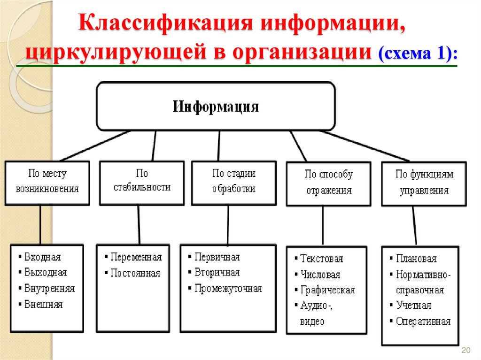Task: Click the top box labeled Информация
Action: coord(216,106)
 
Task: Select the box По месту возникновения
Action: coord(47,182)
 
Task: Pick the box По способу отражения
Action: coord(328,183)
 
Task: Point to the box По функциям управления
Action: coord(424,183)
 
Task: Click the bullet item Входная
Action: coord(42,257)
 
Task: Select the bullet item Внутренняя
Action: coord(49,288)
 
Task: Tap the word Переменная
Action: coord(136,257)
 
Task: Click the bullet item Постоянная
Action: coord(135,273)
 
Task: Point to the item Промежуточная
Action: coord(228,288)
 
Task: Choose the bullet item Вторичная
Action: coord(217,273)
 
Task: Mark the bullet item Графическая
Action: coord(327,290)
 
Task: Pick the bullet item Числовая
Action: coord(320,275)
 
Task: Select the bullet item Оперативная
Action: coord(423,322)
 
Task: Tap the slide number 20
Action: coord(466,350)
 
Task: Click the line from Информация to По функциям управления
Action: coord(364,146)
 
